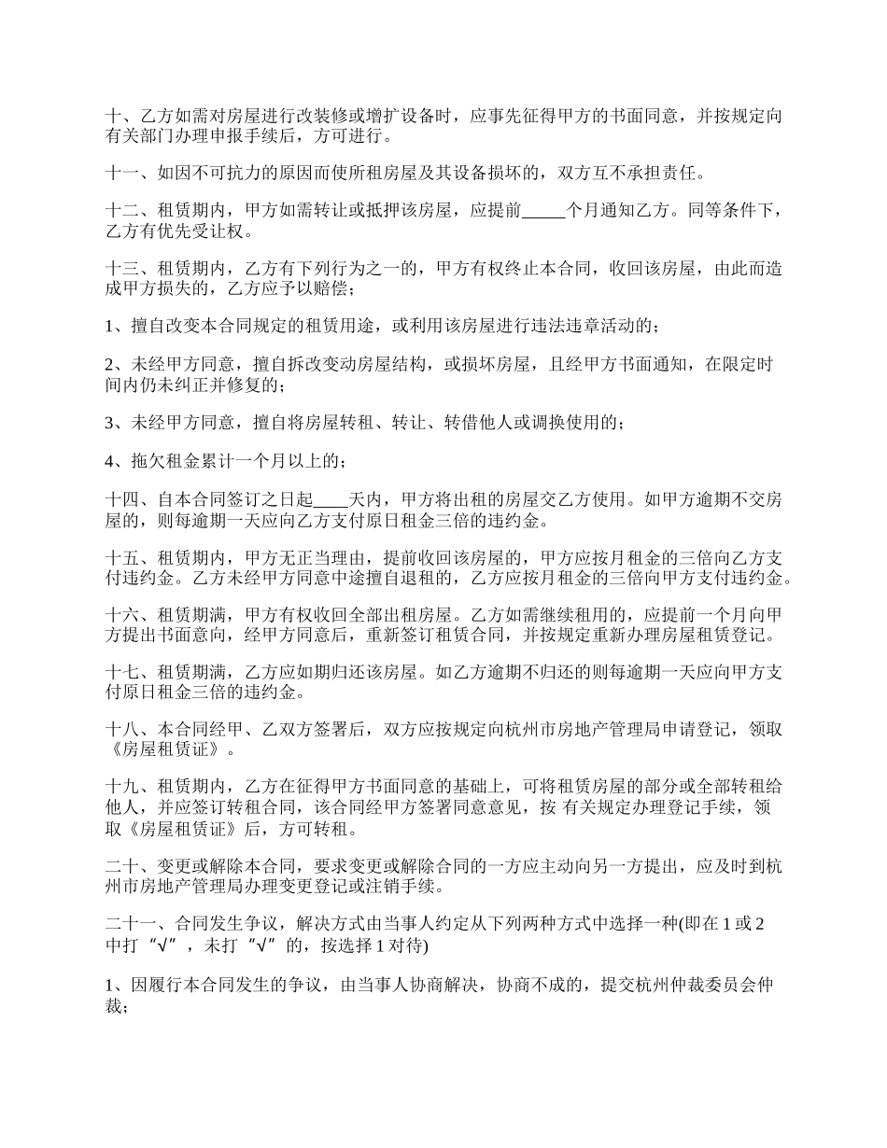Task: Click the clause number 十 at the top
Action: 114,118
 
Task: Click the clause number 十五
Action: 122,558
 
